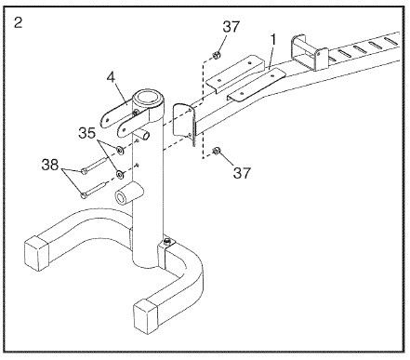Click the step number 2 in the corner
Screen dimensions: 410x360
19,23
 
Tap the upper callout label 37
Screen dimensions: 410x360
231,27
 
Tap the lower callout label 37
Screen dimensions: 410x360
242,173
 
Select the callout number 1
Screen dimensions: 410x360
273,40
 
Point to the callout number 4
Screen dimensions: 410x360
111,77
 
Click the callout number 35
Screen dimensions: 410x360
87,133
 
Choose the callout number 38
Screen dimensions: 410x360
50,165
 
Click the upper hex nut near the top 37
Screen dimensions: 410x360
217,56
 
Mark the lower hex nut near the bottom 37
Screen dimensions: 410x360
216,151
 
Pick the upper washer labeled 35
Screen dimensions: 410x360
120,151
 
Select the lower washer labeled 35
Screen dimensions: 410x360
119,175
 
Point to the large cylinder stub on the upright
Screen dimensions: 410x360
128,194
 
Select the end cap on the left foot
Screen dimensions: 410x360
36,253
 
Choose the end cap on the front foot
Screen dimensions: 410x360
148,316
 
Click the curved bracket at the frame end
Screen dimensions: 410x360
184,123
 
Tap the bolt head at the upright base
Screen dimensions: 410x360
167,240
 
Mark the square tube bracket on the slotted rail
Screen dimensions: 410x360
309,52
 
